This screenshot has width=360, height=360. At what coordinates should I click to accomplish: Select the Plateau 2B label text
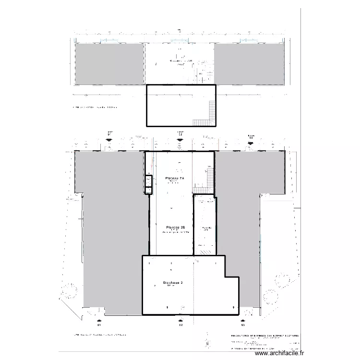click(172, 227)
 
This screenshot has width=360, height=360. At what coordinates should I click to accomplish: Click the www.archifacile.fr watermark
click(279, 353)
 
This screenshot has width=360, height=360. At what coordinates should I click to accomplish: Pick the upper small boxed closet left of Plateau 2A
click(148, 181)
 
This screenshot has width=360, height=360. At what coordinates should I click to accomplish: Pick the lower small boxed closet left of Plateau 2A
click(148, 190)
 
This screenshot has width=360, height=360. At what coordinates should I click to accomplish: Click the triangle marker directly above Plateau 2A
click(180, 140)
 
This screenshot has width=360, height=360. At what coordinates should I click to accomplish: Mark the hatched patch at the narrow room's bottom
click(205, 251)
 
